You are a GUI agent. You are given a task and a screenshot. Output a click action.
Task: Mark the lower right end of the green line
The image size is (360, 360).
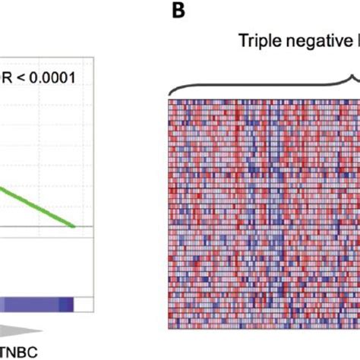pyautogui.click(x=74, y=226)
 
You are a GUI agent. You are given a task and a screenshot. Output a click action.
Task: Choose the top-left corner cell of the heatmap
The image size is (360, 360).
pyautogui.click(x=170, y=100)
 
